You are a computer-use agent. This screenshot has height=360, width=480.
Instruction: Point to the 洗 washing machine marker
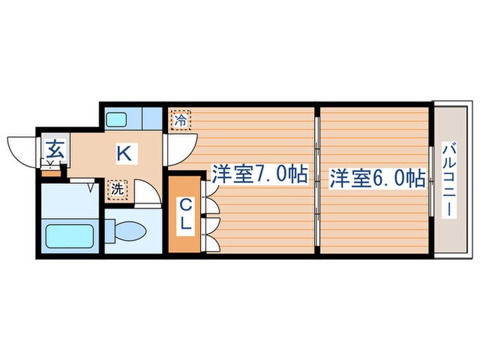pyautogui.click(x=117, y=189)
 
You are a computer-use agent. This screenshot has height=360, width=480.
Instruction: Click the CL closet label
pyautogui.click(x=185, y=213)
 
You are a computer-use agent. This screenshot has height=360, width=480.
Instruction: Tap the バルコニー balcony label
pyautogui.click(x=450, y=180)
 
